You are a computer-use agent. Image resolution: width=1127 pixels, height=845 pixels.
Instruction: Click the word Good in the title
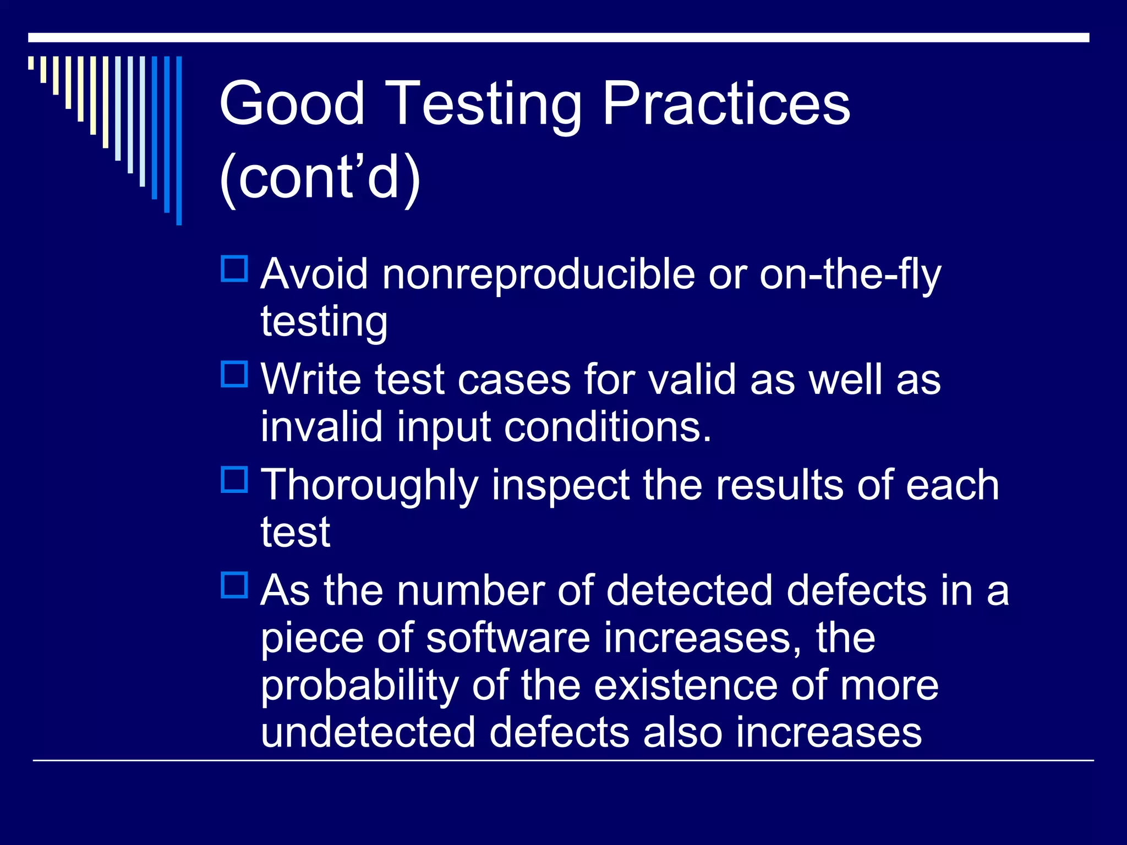(292, 103)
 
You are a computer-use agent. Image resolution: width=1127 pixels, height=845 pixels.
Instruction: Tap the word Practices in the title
(726, 103)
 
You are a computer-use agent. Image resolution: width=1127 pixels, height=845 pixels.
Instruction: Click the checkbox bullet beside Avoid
(234, 269)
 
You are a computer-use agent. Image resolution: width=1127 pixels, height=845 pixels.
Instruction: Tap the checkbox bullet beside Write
(234, 375)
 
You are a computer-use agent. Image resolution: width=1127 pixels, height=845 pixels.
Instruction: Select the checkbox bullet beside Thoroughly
(234, 480)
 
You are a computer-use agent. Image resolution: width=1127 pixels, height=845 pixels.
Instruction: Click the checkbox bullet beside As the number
(234, 585)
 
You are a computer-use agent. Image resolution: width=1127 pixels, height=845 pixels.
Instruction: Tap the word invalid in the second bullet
(321, 427)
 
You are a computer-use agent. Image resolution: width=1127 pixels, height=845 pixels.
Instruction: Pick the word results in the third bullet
(779, 485)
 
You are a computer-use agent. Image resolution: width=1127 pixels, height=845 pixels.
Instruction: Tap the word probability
(359, 687)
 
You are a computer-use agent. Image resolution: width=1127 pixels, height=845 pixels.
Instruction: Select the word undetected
(368, 733)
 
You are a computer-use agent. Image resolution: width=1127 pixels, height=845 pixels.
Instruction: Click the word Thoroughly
(369, 486)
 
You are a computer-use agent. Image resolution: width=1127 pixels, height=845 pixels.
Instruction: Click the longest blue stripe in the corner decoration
(179, 140)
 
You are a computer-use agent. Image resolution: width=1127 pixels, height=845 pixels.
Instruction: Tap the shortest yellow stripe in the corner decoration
(31, 63)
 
